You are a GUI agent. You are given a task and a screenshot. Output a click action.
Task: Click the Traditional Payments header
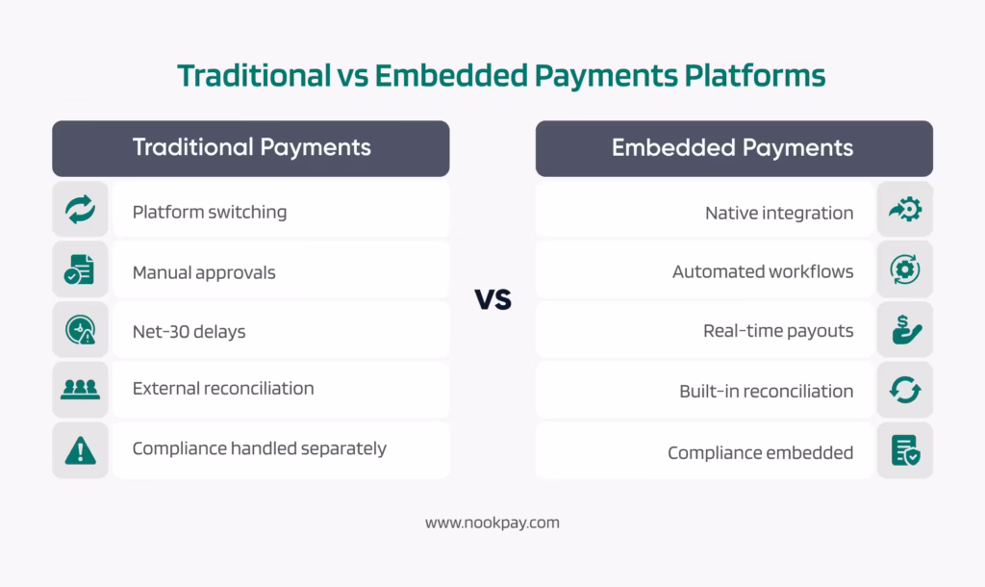251,148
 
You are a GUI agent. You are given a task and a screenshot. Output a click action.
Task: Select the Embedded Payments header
733,148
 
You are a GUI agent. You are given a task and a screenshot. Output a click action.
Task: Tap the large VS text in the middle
492,299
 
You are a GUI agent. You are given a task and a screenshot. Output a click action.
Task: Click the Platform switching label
209,212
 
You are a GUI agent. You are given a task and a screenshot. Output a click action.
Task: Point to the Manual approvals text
203,272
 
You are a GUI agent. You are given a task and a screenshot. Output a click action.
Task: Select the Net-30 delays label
189,332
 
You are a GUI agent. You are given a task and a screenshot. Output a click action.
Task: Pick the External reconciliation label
222,389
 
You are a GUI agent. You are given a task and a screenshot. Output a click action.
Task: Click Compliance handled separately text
259,448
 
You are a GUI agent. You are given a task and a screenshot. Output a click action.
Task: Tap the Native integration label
779,213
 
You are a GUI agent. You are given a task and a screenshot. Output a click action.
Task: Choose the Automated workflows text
763,271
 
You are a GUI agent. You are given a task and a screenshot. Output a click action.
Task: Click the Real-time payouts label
778,331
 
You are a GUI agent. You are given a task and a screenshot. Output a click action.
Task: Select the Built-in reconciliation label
766,392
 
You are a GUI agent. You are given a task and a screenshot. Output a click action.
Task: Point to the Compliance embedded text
760,452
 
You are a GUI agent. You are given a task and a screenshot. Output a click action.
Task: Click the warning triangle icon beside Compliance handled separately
80,449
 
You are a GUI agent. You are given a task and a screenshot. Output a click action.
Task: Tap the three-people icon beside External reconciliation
80,390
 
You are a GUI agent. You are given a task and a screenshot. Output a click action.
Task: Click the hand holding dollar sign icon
904,332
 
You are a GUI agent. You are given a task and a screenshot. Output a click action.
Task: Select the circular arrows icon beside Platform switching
80,212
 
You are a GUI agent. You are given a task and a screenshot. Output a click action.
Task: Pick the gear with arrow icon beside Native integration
904,211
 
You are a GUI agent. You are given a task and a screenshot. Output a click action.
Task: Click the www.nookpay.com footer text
492,523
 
